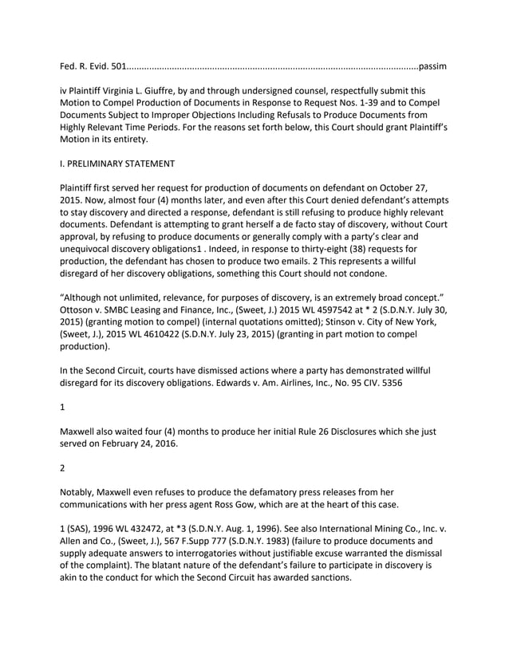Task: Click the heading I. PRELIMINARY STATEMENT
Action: click(117, 164)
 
